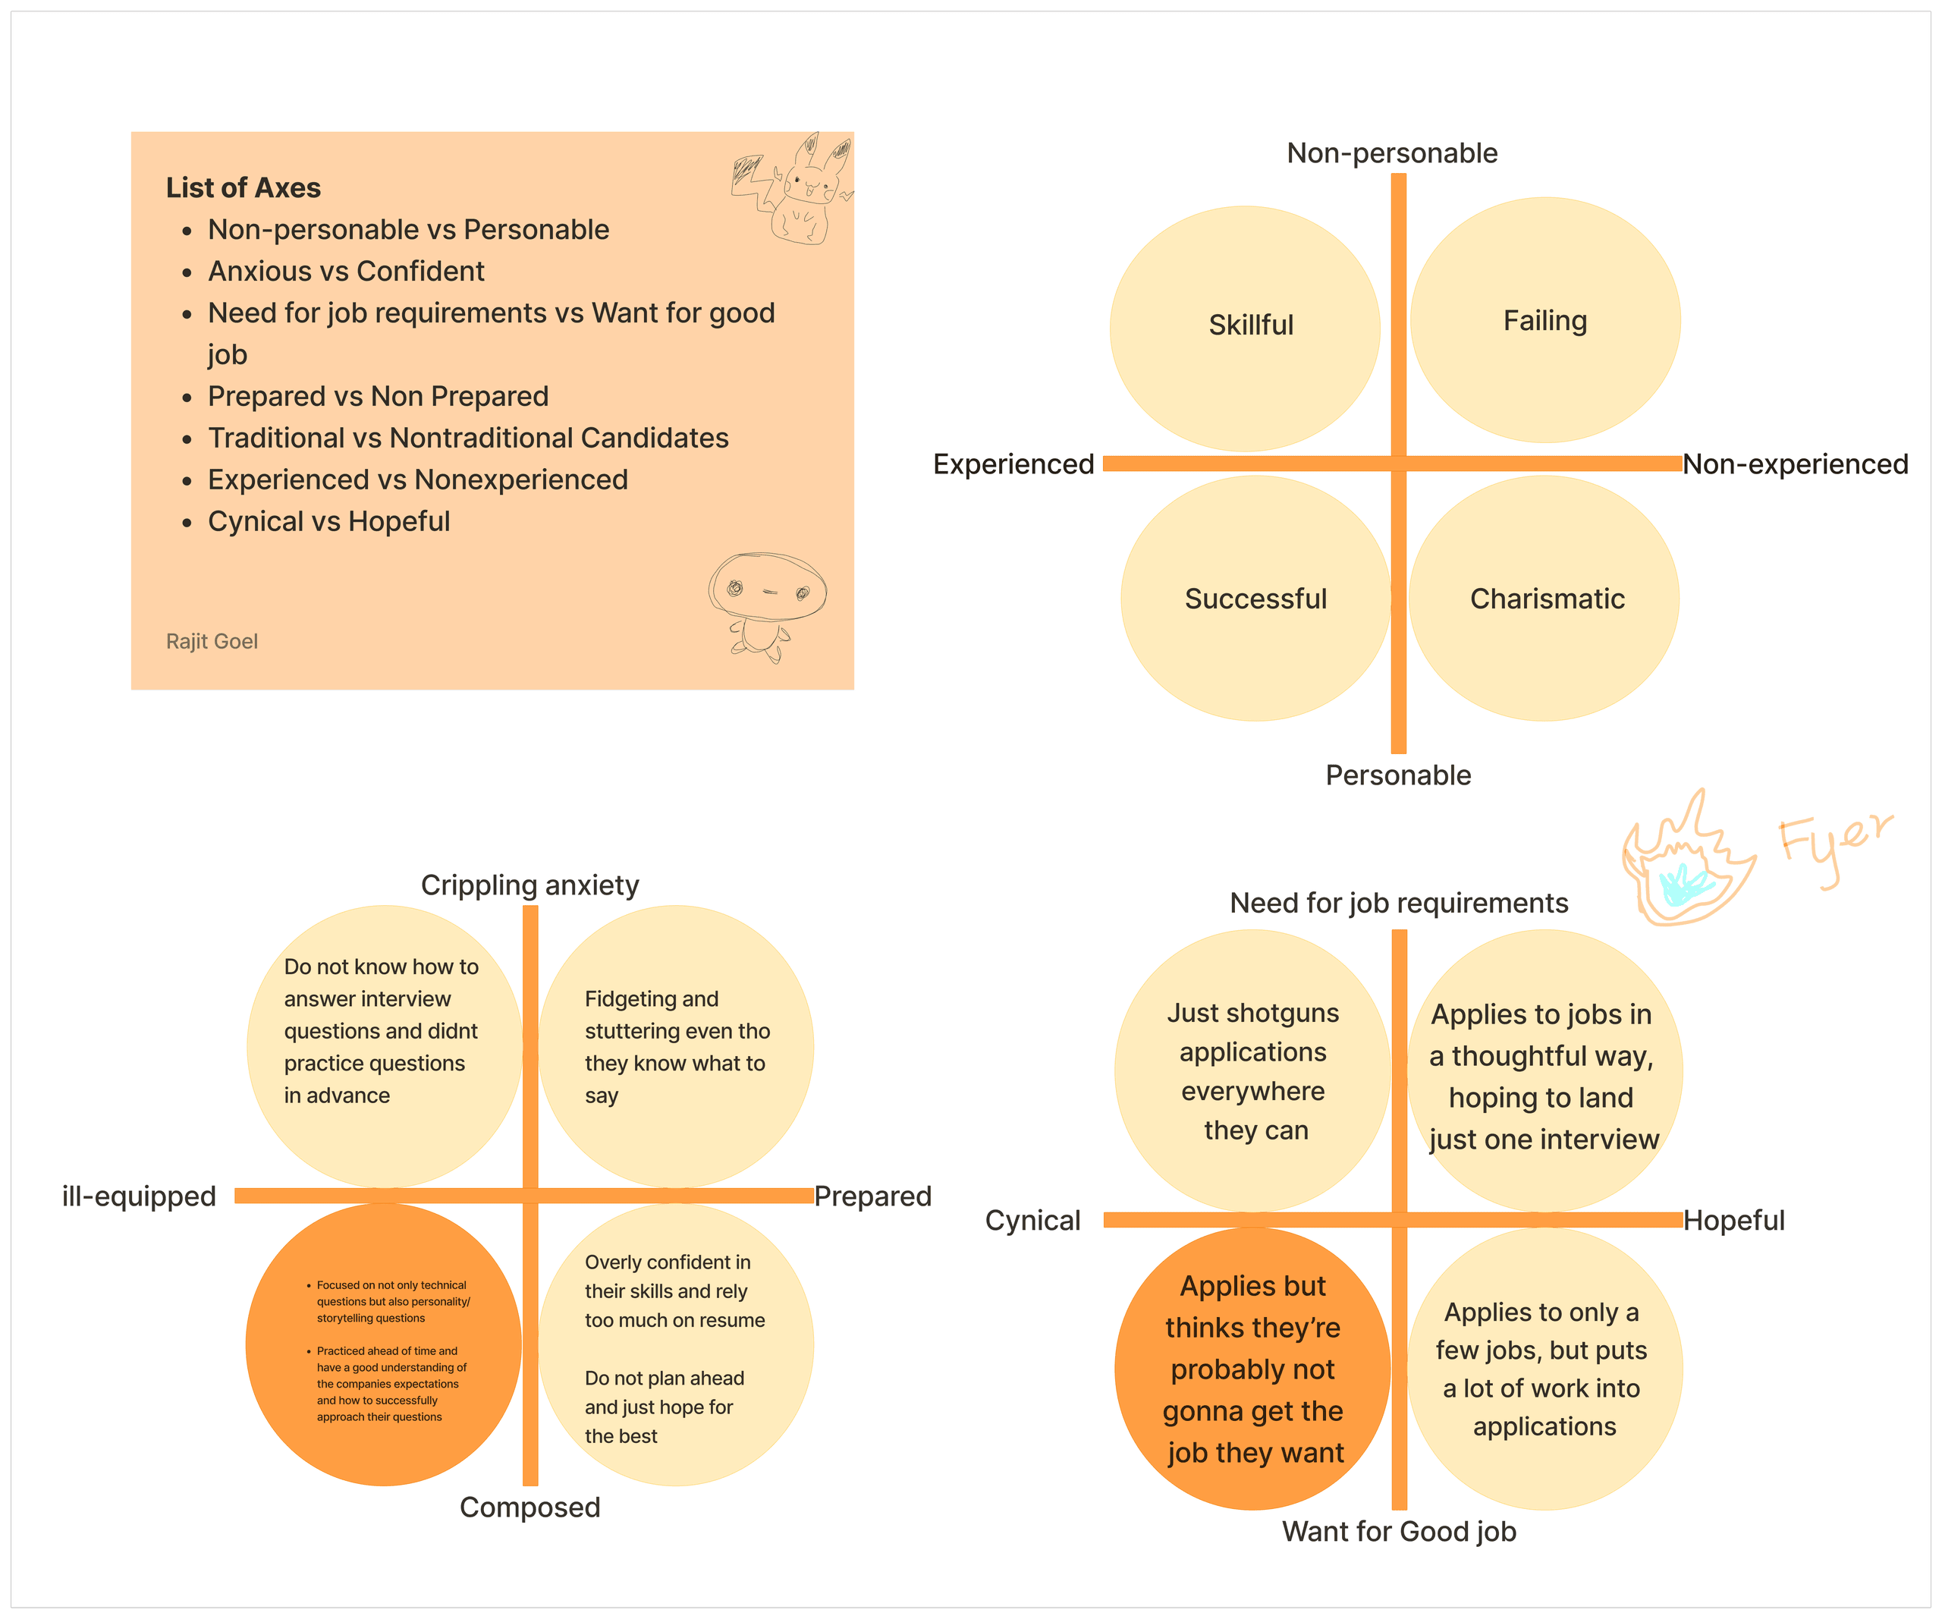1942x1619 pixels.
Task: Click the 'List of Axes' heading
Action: coord(244,187)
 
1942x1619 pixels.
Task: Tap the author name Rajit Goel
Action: coord(212,641)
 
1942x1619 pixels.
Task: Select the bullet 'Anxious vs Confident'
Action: coord(345,271)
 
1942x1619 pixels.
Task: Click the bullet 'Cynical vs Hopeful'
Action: coord(328,521)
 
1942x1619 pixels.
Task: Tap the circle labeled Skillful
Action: coord(1245,329)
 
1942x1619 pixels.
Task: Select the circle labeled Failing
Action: coord(1544,320)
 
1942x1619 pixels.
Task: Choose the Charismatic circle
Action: coord(1544,599)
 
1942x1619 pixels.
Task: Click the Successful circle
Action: coord(1255,599)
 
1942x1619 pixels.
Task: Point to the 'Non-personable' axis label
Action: coord(1392,152)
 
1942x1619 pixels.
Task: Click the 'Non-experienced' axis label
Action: coord(1795,464)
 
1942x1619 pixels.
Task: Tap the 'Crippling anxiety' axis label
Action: coord(530,885)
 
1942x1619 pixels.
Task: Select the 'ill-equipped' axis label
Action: coord(139,1196)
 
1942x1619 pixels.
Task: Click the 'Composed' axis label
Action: coord(530,1507)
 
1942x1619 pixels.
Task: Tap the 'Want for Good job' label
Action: coord(1398,1531)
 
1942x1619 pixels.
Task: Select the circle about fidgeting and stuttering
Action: coord(676,1045)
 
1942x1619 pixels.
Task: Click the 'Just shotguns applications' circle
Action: coord(1253,1070)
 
